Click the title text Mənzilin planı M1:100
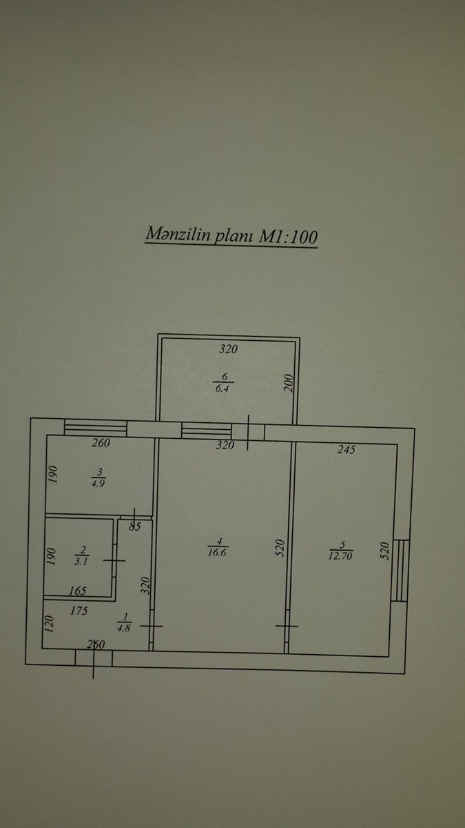click(231, 235)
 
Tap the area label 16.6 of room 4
click(218, 553)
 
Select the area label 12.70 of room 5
click(340, 555)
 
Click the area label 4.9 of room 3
click(97, 483)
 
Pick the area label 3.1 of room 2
click(81, 561)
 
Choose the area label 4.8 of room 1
click(123, 628)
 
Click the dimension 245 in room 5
click(346, 449)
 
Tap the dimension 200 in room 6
click(289, 383)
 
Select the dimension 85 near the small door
click(135, 526)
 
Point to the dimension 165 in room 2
click(77, 591)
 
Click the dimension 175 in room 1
click(79, 611)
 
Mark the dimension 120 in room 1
click(50, 624)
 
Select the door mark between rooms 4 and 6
click(248, 433)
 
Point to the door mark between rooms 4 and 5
click(287, 627)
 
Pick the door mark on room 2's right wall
click(114, 561)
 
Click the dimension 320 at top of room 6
click(229, 349)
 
